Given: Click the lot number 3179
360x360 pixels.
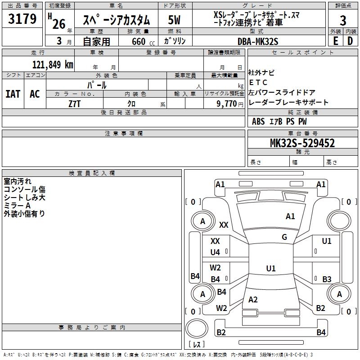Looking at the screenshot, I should pos(22,19).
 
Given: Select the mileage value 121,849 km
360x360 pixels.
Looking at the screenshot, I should pos(52,64).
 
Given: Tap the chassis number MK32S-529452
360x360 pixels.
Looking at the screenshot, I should pos(302,143).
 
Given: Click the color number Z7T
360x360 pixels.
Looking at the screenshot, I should pos(75,103).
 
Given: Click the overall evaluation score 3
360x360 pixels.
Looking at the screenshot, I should pos(343,21).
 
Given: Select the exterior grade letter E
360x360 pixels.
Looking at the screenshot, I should pos(335,41).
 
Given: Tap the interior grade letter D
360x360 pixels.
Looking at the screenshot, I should pos(350,41).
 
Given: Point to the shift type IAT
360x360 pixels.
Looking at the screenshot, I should pos(13,94).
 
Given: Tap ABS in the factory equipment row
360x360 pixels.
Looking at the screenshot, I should pos(258,121).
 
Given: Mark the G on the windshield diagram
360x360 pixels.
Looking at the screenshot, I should pos(284,237).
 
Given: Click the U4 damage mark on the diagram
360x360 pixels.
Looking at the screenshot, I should pos(215,252).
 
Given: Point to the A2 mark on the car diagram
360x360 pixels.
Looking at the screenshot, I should pos(253,300).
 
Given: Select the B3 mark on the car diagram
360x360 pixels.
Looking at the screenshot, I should pos(327,279).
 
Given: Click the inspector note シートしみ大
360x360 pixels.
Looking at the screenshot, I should pos(24,198).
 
